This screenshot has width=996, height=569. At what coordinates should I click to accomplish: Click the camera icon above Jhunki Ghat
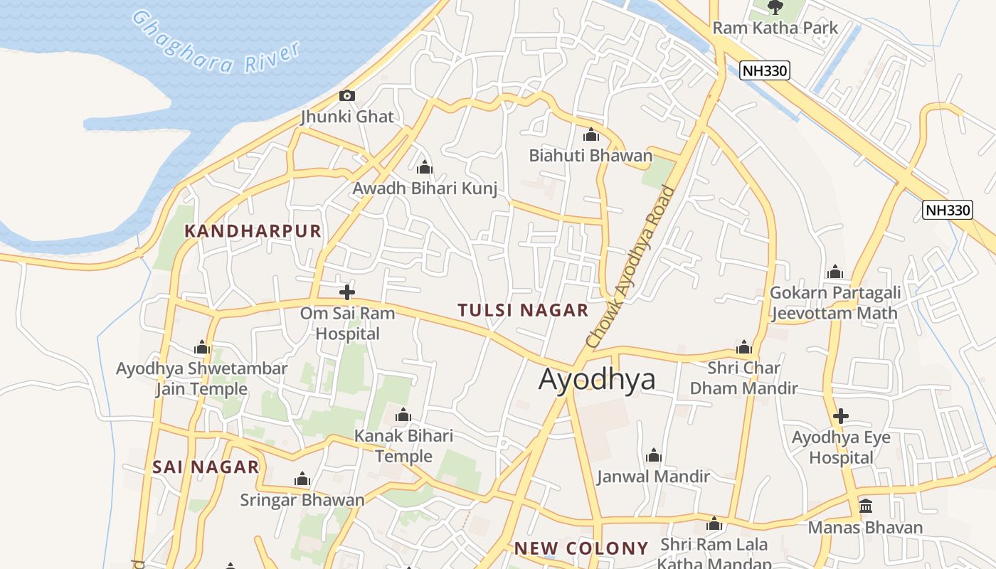[347, 95]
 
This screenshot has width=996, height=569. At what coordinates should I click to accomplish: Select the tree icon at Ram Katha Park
[775, 6]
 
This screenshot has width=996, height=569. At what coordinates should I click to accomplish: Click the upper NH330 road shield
[765, 70]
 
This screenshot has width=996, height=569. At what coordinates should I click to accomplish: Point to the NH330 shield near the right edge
[947, 210]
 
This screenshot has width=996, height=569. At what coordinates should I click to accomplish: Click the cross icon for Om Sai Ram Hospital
[347, 292]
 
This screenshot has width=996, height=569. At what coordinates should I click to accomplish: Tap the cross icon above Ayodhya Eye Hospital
[841, 415]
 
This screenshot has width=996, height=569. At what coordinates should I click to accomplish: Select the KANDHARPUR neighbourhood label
[253, 231]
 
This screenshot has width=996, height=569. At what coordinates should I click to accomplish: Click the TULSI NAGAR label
[523, 310]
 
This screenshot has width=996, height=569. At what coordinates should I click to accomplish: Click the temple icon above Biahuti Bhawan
[590, 134]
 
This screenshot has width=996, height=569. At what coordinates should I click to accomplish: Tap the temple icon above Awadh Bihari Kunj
[425, 167]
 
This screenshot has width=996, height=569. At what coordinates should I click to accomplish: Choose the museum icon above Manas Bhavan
[865, 506]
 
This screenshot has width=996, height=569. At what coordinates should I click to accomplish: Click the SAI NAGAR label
[206, 467]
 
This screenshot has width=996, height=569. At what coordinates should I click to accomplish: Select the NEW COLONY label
[581, 548]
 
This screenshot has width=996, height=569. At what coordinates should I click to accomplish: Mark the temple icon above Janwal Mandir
[653, 455]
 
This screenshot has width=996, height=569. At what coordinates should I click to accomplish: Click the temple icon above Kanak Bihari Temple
[403, 415]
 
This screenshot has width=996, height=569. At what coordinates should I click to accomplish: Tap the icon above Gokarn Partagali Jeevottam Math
[835, 272]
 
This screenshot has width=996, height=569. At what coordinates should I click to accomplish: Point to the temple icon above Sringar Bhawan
[302, 479]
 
